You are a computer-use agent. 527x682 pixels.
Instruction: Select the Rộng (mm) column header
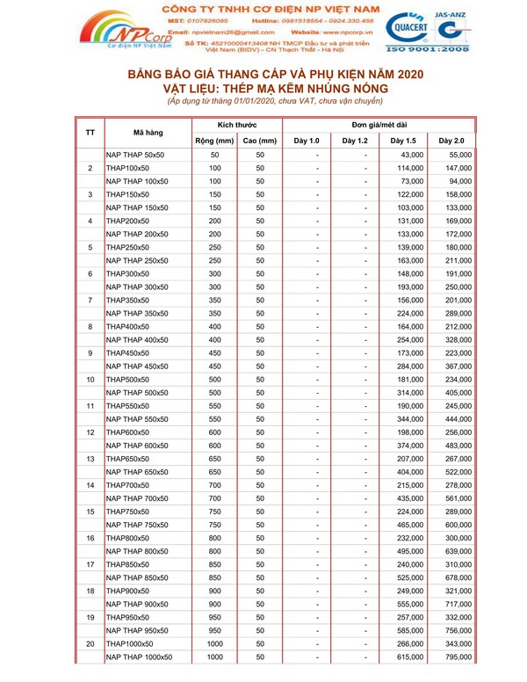[x=213, y=141]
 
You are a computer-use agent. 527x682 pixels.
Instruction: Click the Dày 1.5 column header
[x=402, y=141]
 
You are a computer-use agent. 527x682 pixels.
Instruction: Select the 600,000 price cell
[x=455, y=525]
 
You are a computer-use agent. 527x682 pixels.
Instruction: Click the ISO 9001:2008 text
[x=455, y=50]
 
